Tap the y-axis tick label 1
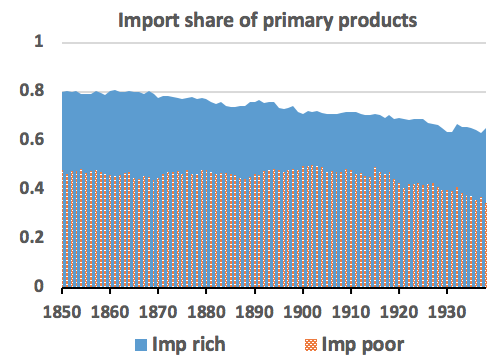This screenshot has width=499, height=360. tap(40, 43)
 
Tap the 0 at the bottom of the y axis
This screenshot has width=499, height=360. tap(40, 287)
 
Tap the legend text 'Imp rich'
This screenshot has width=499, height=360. tap(186, 343)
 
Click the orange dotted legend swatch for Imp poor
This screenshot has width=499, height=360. tap(305, 343)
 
